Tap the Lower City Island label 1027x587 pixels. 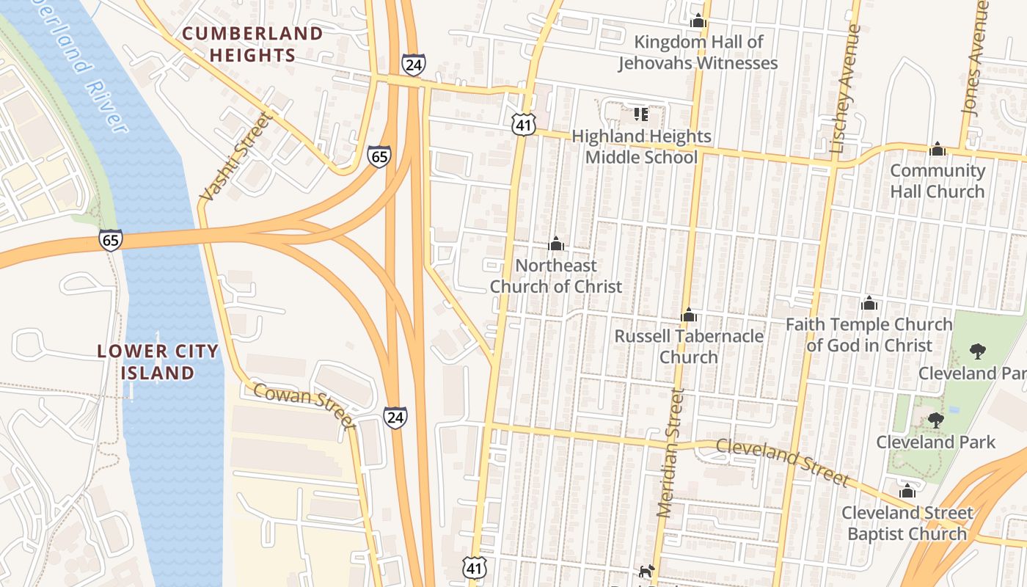tap(158, 362)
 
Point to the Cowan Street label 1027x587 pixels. tap(304, 405)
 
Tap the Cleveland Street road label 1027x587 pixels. tap(782, 462)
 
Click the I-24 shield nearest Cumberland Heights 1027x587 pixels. tap(414, 64)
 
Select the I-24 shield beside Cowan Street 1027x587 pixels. tap(395, 418)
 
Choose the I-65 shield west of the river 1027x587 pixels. tap(111, 239)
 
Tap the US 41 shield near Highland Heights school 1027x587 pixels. tap(522, 125)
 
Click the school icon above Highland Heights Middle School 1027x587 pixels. tap(640, 114)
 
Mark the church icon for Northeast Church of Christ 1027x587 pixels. tap(556, 244)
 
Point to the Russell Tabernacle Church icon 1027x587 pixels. tap(689, 316)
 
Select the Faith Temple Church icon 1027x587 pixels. tap(869, 303)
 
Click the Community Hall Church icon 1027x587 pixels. tap(938, 150)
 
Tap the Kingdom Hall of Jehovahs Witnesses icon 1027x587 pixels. tap(698, 21)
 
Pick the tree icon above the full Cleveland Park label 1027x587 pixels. tap(935, 420)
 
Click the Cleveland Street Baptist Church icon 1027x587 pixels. tap(907, 491)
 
